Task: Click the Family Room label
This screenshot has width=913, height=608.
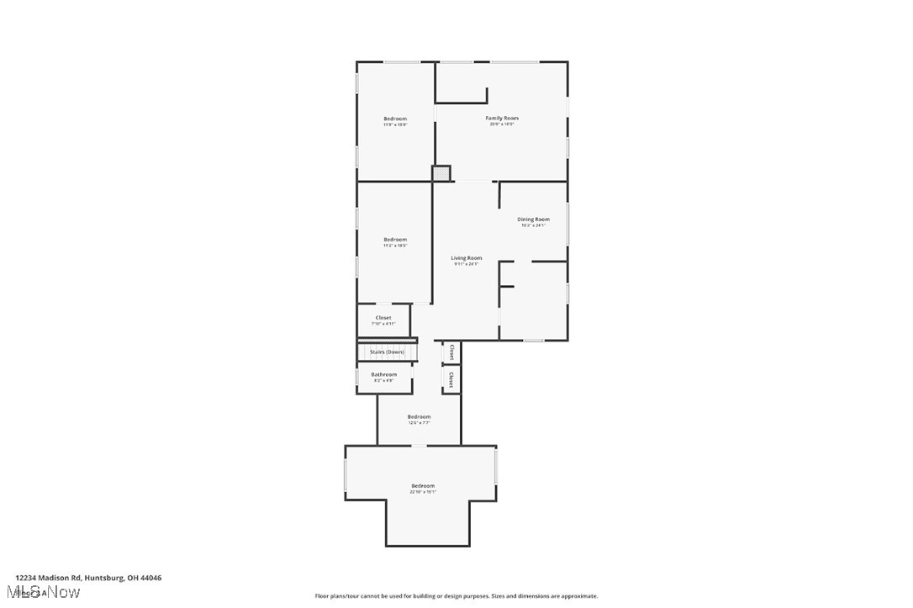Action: coord(502,118)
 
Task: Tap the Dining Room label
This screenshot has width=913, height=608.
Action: coord(533,219)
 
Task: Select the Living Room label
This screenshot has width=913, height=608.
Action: coord(466,257)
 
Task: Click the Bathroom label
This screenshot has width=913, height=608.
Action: coord(384,374)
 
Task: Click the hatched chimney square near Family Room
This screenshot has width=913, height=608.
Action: coord(441,173)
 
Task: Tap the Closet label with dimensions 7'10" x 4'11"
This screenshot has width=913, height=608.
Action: coord(383,317)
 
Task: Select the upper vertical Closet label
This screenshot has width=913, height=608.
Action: coord(451,352)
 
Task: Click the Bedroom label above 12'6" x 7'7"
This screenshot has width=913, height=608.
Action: coord(419,416)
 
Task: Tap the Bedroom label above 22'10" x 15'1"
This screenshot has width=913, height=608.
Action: coord(423,485)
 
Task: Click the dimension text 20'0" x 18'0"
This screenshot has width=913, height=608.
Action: coord(502,124)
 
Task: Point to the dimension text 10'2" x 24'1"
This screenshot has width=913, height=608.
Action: coord(533,225)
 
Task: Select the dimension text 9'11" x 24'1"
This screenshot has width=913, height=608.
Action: coord(466,264)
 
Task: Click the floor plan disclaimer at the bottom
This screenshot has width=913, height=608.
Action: coord(456,595)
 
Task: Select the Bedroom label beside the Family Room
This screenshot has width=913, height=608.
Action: coord(395,118)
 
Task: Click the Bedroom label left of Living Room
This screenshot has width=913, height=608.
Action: coord(395,239)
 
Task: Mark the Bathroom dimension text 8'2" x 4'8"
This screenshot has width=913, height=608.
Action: coord(384,381)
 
